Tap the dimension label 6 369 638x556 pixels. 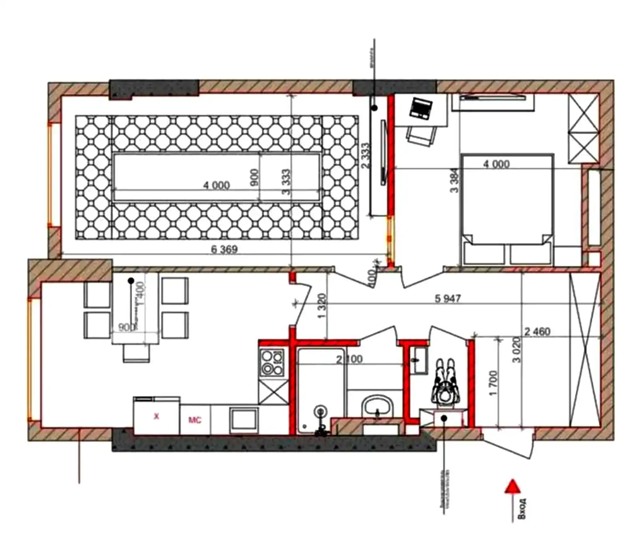224,249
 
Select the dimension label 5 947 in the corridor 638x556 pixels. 447,298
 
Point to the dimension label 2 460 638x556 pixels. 537,331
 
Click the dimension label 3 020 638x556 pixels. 517,350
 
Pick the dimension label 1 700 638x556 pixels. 493,383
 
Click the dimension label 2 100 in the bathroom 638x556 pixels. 349,359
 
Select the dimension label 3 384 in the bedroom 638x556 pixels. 454,180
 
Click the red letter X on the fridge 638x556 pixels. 156,416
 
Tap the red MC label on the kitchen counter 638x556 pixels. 195,420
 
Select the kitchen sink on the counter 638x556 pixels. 243,419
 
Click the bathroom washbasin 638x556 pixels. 377,407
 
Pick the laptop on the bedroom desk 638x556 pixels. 421,108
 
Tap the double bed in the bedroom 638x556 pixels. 507,208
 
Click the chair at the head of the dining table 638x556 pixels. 136,353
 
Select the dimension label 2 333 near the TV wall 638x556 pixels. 365,156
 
